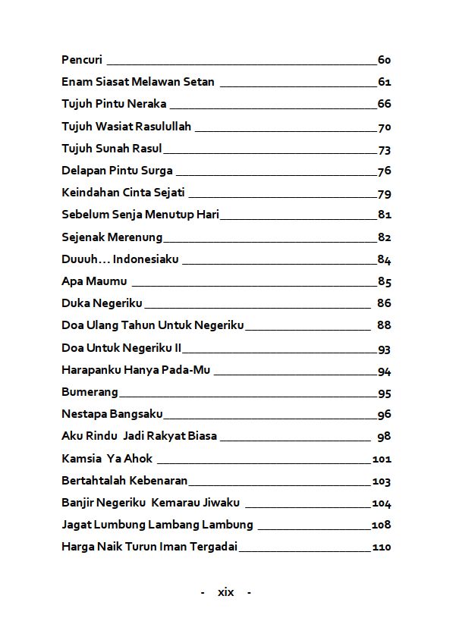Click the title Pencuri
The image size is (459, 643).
pyautogui.click(x=82, y=60)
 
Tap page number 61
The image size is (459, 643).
pyautogui.click(x=384, y=82)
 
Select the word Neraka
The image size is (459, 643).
pyautogui.click(x=149, y=104)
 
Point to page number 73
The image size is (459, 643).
pyautogui.click(x=384, y=149)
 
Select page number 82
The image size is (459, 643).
pyautogui.click(x=384, y=237)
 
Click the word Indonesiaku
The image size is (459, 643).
pyautogui.click(x=146, y=259)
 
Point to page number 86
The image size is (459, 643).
pyautogui.click(x=384, y=303)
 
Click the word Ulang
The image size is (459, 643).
pyautogui.click(x=102, y=325)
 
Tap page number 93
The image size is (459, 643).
pyautogui.click(x=384, y=350)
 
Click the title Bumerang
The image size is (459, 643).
pyautogui.click(x=90, y=392)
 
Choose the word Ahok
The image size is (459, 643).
pyautogui.click(x=140, y=458)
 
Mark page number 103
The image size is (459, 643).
pyautogui.click(x=381, y=481)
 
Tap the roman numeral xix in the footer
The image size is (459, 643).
pyautogui.click(x=225, y=592)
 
